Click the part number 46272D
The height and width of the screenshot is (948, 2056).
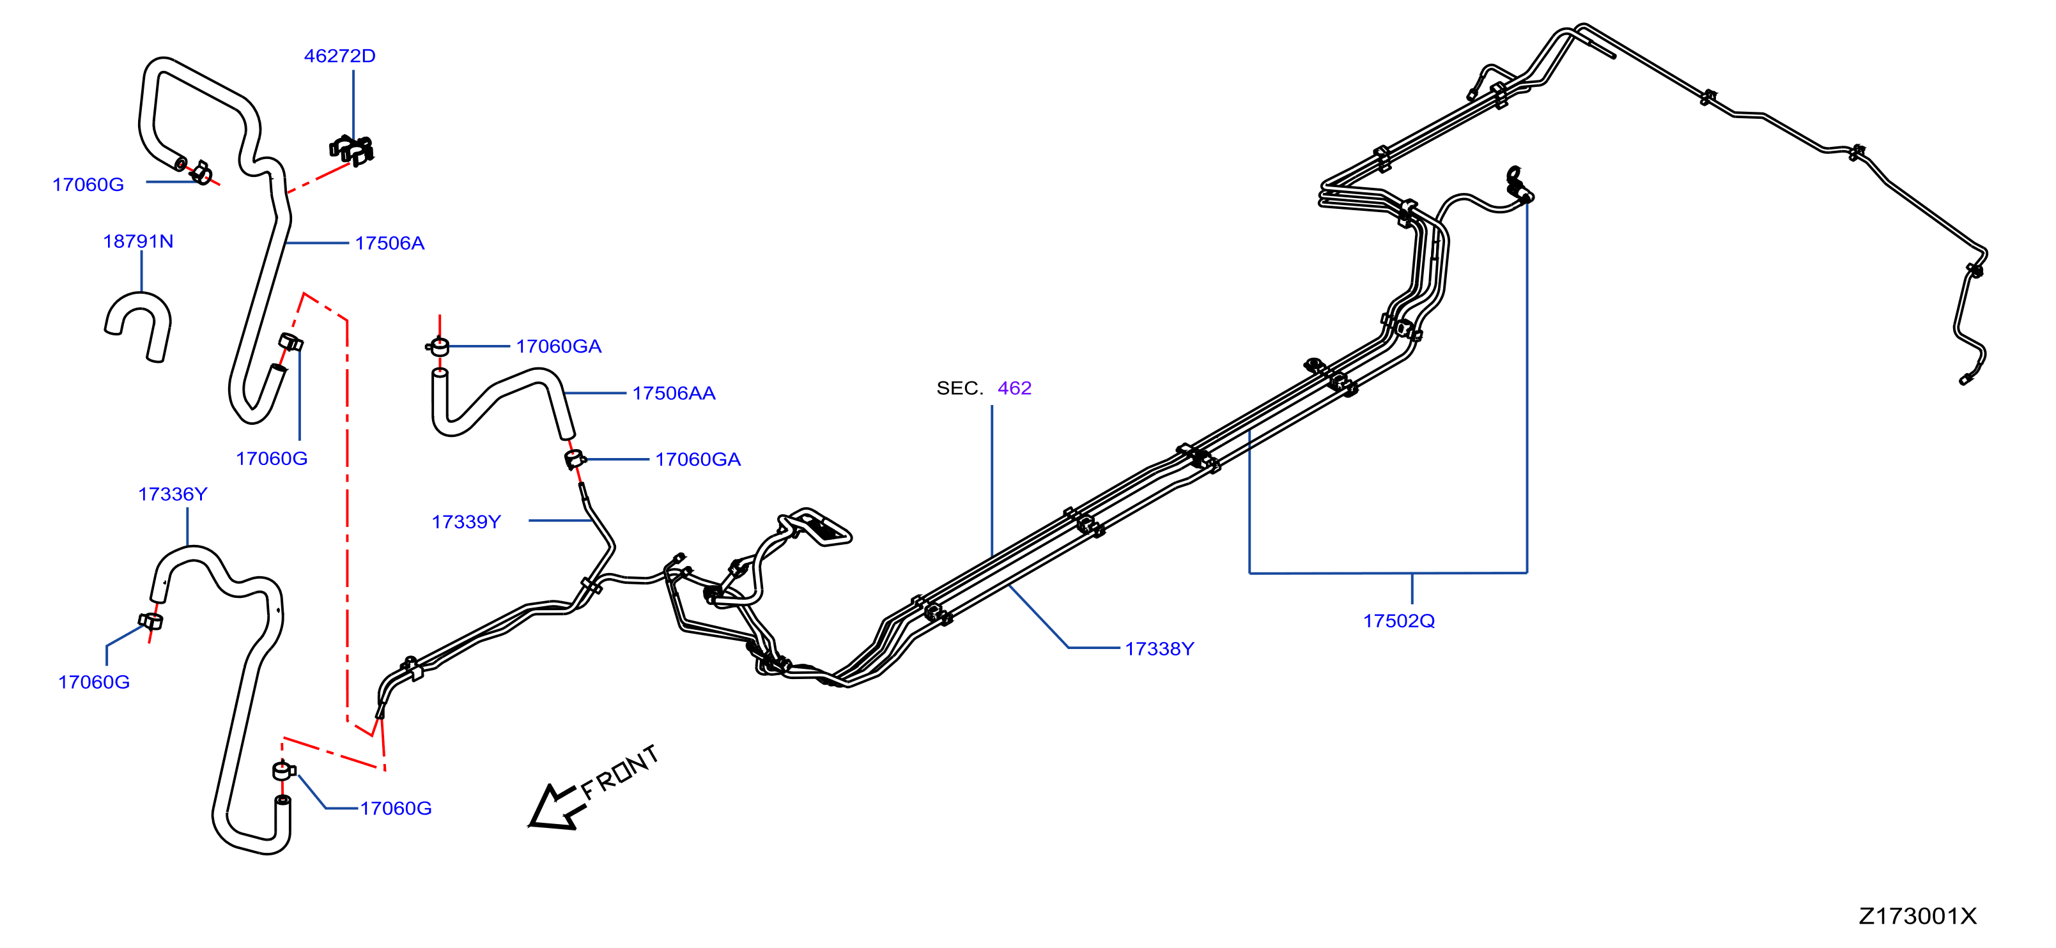[x=339, y=56]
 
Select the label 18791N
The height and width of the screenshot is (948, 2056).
[x=138, y=241]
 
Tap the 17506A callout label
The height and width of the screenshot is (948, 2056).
[x=389, y=243]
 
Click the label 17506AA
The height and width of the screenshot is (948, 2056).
[x=674, y=393]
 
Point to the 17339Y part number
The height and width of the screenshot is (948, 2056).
[x=466, y=521]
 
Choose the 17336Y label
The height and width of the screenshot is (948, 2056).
[x=173, y=494]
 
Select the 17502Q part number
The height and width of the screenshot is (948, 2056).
[x=1398, y=621]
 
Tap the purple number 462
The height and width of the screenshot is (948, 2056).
[x=1014, y=388]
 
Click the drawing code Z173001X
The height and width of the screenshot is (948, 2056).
[x=1917, y=916]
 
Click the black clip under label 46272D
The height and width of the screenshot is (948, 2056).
[x=352, y=149]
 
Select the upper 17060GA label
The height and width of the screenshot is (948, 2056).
[x=559, y=346]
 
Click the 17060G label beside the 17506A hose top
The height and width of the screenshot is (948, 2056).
[x=88, y=185]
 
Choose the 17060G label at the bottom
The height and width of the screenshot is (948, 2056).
[x=396, y=808]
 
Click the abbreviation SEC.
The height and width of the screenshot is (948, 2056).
[x=959, y=388]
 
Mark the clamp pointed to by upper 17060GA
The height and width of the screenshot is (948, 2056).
[x=438, y=346]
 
